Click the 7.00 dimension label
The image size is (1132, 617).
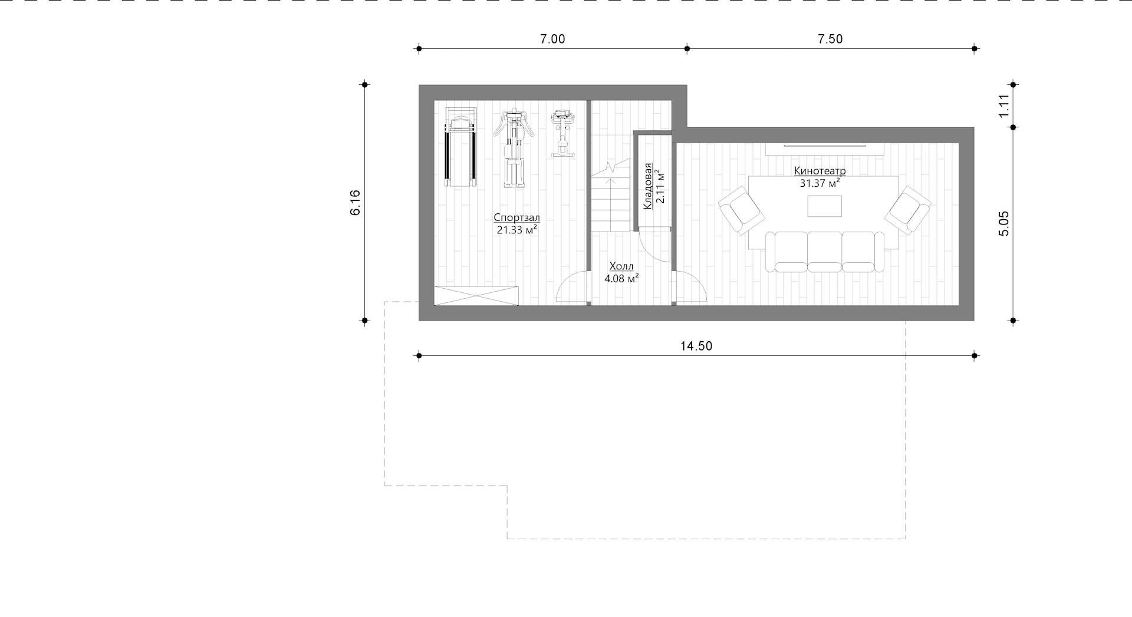552,39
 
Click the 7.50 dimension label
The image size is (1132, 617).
830,39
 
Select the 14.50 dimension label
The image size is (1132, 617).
696,346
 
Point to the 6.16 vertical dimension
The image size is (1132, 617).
355,203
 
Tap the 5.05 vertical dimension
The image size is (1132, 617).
1003,223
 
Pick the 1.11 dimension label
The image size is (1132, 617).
1004,105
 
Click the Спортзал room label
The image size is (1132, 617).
516,217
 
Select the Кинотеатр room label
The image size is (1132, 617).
820,171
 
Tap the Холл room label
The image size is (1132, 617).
621,266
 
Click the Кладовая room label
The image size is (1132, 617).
648,186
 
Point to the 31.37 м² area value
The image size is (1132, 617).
820,183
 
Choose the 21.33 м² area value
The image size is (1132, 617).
516,230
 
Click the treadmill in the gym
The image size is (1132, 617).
460,147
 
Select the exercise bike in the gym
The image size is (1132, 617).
562,134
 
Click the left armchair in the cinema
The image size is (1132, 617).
741,210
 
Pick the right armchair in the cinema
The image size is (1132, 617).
907,210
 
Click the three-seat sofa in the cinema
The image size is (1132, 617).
824,252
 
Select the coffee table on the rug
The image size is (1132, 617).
824,206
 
